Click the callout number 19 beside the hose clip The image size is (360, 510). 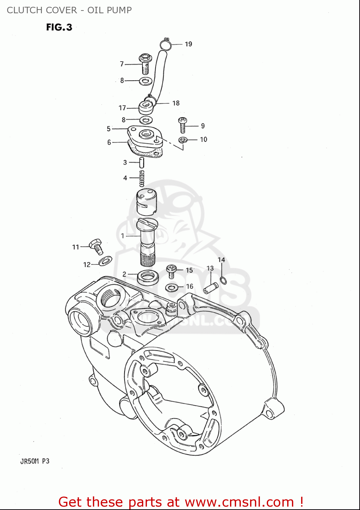(x=188, y=44)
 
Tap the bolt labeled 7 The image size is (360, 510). (x=145, y=64)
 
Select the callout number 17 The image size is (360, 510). (x=122, y=108)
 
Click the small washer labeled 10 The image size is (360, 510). (x=183, y=139)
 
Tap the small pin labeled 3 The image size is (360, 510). (x=142, y=162)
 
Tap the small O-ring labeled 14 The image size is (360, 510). (x=223, y=280)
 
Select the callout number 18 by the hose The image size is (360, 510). (x=176, y=103)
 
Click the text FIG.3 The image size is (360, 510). (x=59, y=27)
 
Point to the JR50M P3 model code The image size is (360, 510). (x=35, y=461)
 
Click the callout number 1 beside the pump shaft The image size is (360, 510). (x=123, y=236)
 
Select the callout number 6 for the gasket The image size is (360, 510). (x=109, y=142)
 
